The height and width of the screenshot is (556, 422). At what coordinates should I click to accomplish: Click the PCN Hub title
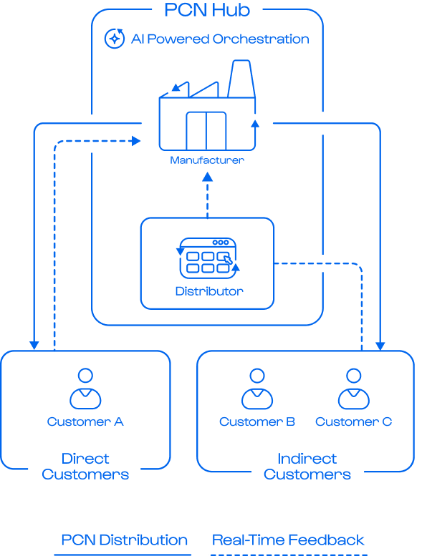click(x=207, y=10)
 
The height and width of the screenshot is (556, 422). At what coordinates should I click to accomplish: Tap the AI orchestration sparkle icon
click(x=115, y=39)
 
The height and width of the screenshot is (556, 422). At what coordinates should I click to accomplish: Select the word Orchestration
click(x=261, y=39)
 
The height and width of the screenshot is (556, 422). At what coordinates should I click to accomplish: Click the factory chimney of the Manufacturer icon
click(x=241, y=79)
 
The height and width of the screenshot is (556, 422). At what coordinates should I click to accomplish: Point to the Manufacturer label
click(x=207, y=160)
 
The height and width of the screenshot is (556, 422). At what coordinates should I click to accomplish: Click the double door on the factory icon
click(x=206, y=131)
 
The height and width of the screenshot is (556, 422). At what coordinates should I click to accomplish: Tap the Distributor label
click(x=209, y=291)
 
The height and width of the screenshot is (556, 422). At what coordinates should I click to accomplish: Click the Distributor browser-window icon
click(x=208, y=258)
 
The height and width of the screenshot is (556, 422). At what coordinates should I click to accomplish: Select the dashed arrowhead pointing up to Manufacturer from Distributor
click(x=207, y=177)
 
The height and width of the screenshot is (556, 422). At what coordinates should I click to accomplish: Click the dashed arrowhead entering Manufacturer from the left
click(x=136, y=141)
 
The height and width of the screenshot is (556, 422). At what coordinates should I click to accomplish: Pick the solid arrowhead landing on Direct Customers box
click(x=34, y=346)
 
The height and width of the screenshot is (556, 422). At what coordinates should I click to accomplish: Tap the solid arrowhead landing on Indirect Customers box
click(x=380, y=346)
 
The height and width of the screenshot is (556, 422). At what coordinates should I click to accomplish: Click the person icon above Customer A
click(x=85, y=389)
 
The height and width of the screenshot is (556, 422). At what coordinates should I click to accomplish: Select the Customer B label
click(x=257, y=421)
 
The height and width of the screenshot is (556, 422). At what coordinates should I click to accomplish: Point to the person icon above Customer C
click(x=354, y=389)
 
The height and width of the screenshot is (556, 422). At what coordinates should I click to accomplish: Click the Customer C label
click(x=354, y=421)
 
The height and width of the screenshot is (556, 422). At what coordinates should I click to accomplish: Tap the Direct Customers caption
click(x=85, y=467)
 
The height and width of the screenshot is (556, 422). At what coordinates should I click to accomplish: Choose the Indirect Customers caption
click(x=307, y=467)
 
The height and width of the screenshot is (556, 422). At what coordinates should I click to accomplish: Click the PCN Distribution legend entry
click(x=124, y=540)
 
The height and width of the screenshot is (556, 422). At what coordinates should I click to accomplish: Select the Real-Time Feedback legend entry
click(x=288, y=540)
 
